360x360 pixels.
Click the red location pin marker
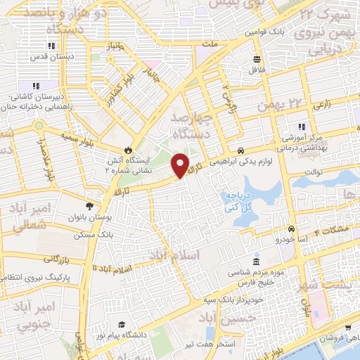(x=181, y=165)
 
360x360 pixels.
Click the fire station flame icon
(x=127, y=149)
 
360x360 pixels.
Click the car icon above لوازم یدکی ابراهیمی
(x=240, y=150)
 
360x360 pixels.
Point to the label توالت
(x=312, y=170)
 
